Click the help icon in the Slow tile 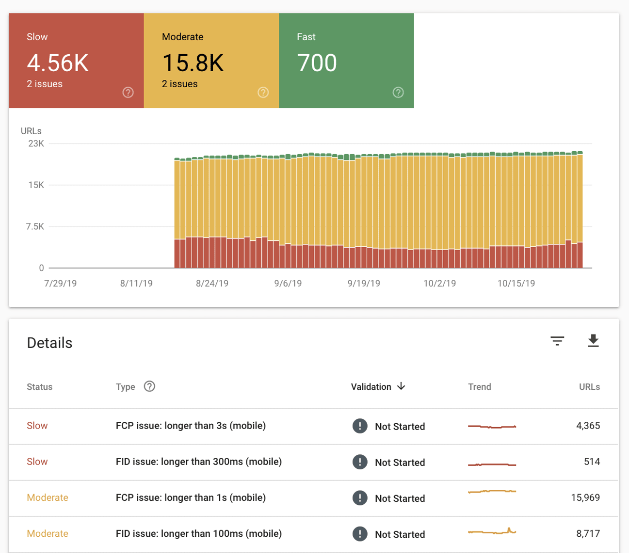[x=128, y=92]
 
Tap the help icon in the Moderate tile [x=263, y=92]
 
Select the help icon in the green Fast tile [x=398, y=92]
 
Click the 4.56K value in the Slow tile [x=58, y=63]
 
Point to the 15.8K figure [x=193, y=63]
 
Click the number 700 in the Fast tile [x=317, y=63]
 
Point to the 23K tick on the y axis [x=36, y=143]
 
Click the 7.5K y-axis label [x=35, y=226]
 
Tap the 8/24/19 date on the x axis [x=212, y=283]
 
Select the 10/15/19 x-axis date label [x=516, y=283]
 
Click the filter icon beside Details [x=557, y=341]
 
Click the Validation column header [x=371, y=387]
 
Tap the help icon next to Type [x=149, y=386]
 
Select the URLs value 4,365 [x=588, y=425]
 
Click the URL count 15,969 [x=586, y=498]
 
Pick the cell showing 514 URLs [x=592, y=462]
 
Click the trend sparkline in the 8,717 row [x=492, y=531]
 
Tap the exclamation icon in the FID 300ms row [x=360, y=462]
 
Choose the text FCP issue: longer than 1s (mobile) [x=191, y=498]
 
